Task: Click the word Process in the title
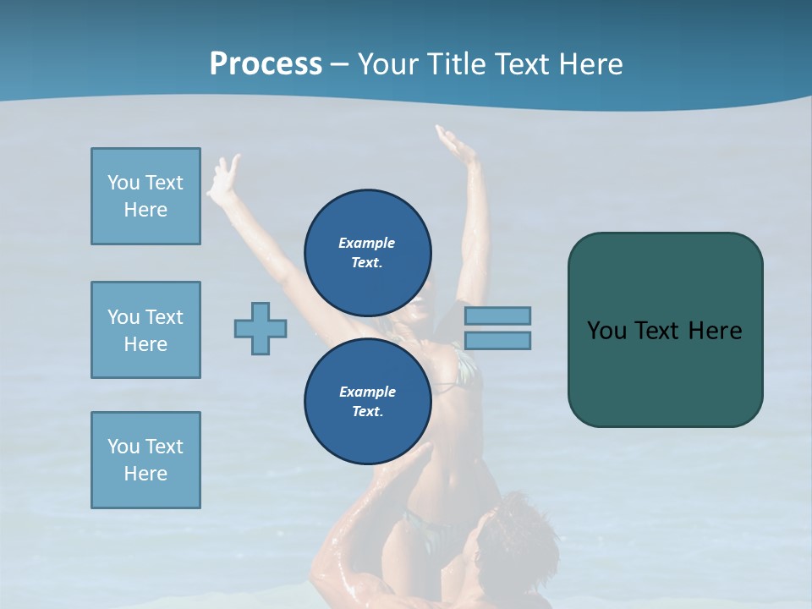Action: (266, 64)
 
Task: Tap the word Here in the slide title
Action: (589, 64)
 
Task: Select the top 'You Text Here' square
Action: (145, 196)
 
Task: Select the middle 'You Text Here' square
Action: (145, 330)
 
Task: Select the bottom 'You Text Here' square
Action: (145, 460)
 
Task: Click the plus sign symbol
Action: (261, 328)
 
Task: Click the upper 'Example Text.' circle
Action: (367, 252)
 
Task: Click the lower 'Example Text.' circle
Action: (367, 401)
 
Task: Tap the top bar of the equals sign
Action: (497, 315)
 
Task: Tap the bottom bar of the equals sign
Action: (497, 341)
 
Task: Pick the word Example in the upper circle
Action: (367, 243)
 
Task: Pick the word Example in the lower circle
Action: (367, 392)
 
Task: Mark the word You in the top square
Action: (123, 183)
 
